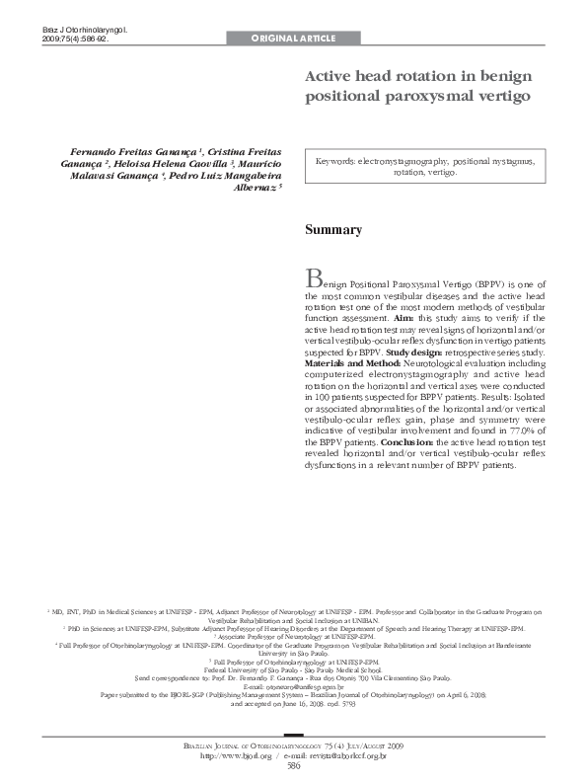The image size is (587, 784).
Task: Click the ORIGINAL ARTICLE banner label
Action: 294,39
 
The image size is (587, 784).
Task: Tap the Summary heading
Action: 332,230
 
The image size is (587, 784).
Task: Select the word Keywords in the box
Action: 334,160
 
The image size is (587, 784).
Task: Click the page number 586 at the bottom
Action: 293,765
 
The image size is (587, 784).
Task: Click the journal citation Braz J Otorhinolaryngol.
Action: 85,32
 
